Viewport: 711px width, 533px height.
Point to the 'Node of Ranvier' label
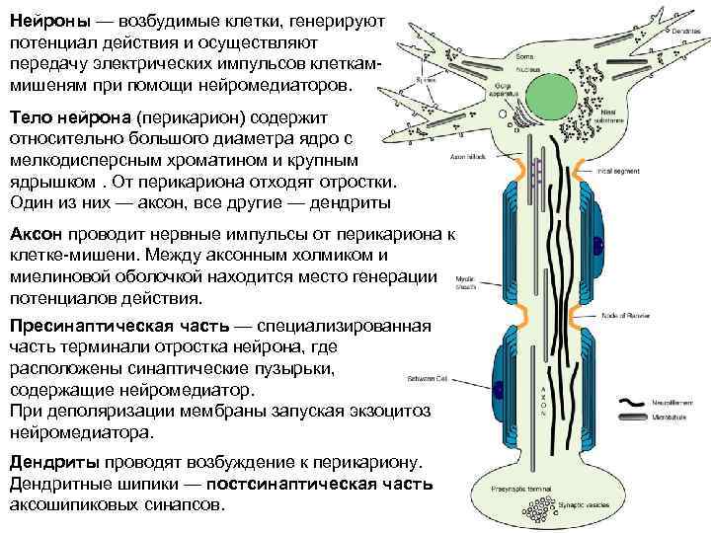pyautogui.click(x=624, y=317)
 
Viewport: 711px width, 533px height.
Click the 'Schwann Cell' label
pyautogui.click(x=428, y=378)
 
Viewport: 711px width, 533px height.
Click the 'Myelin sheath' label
pyautogui.click(x=467, y=283)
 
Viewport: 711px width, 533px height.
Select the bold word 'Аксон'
pyautogui.click(x=36, y=234)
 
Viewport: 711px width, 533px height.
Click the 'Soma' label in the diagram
pyautogui.click(x=524, y=58)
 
